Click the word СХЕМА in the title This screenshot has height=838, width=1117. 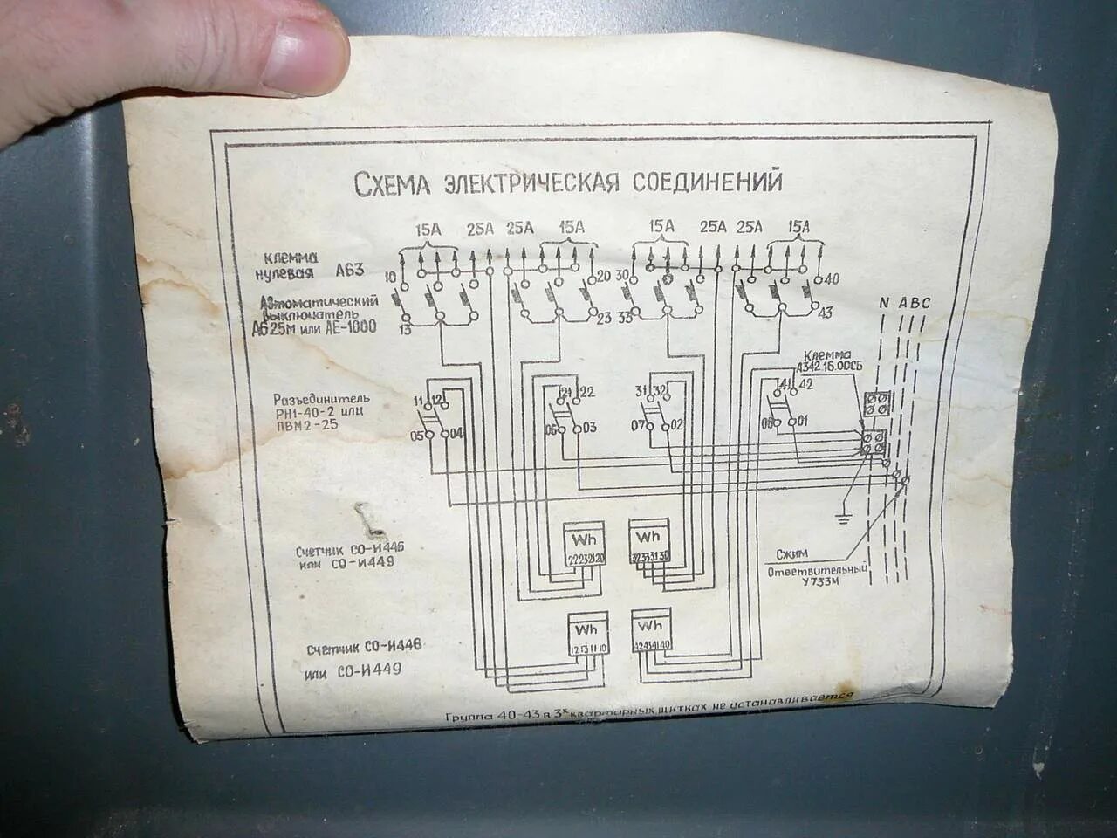(x=393, y=184)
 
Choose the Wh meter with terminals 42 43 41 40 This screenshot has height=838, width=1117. (x=652, y=634)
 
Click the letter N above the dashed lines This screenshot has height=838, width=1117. (x=884, y=303)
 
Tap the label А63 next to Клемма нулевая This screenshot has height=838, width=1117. (x=349, y=271)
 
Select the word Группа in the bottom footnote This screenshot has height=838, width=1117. (x=469, y=716)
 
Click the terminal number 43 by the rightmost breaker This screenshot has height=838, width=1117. (x=826, y=313)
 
